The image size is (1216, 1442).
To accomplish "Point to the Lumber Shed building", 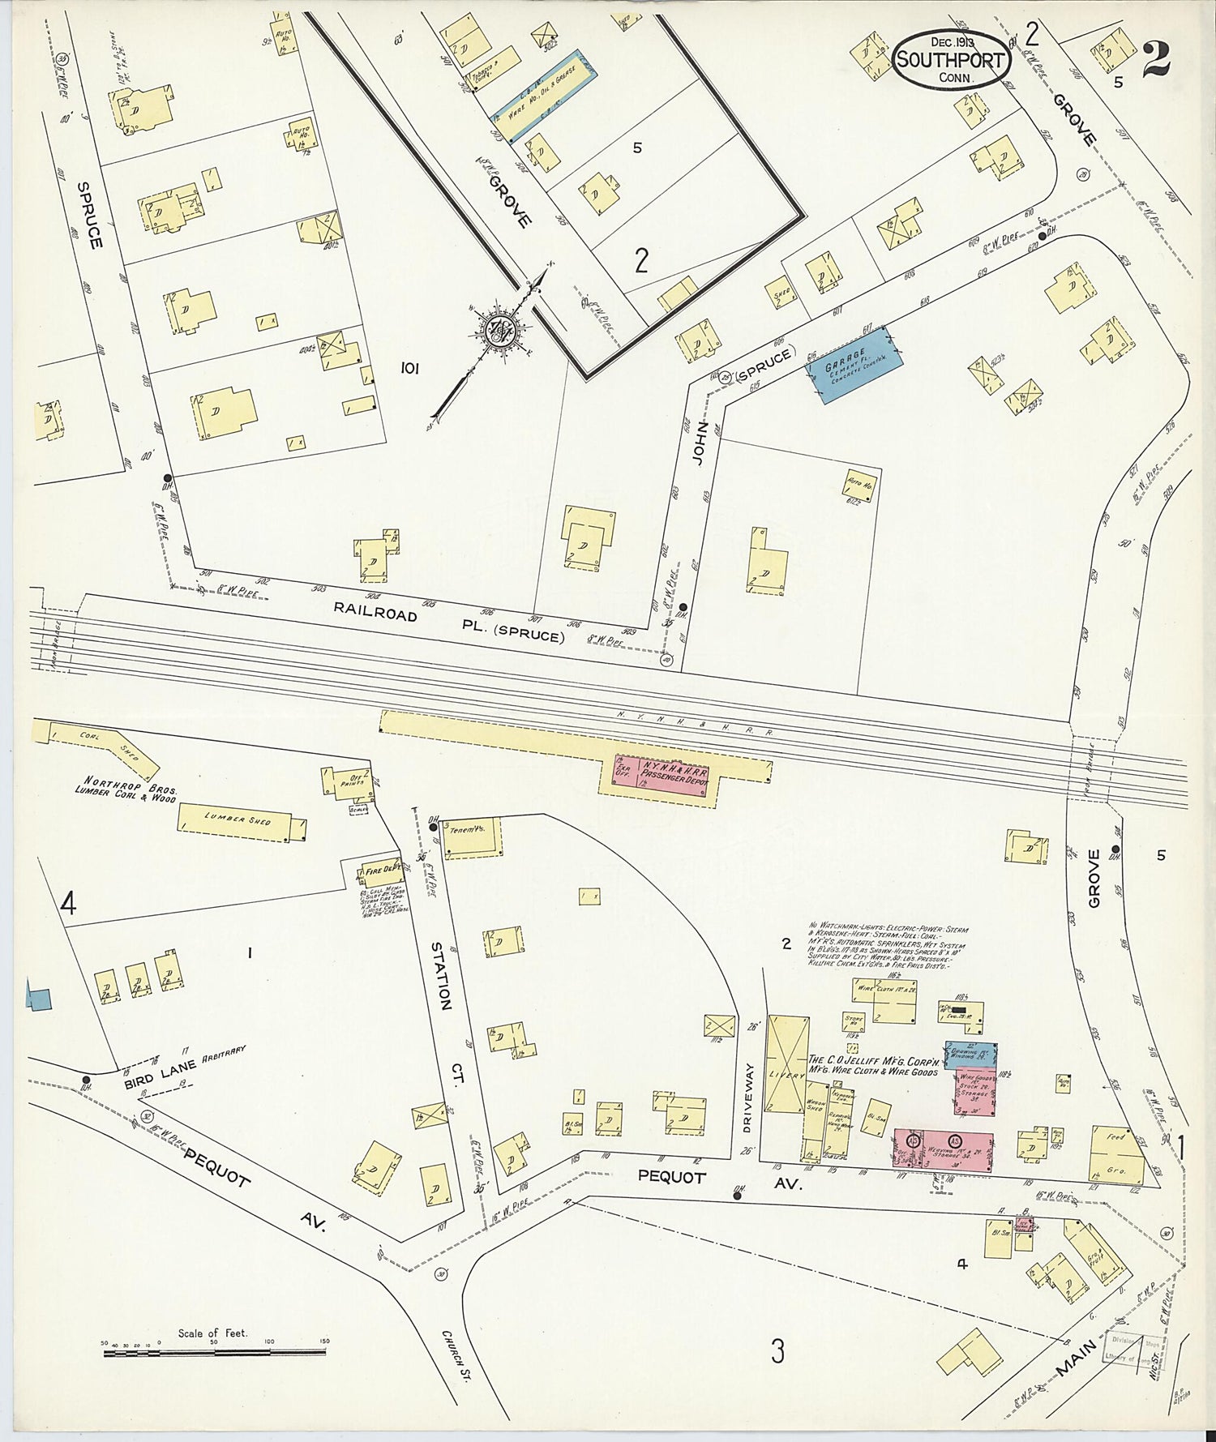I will (x=242, y=821).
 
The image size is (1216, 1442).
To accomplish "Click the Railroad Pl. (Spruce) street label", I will (x=450, y=625).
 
